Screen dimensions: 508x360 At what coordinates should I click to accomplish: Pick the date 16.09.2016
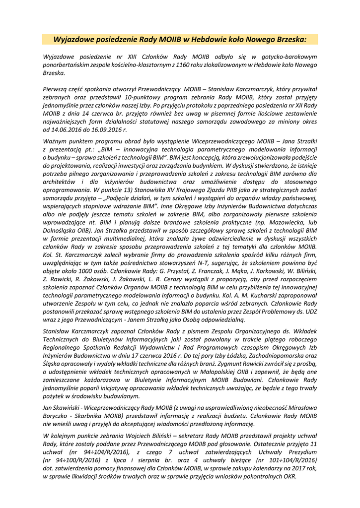point(106,129)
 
